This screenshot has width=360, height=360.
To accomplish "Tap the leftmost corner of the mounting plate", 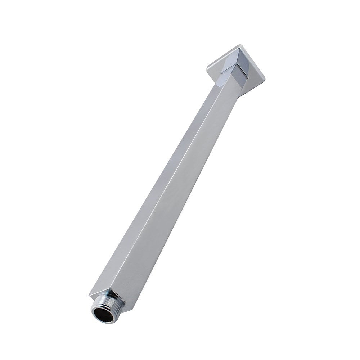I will coord(207,66).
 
